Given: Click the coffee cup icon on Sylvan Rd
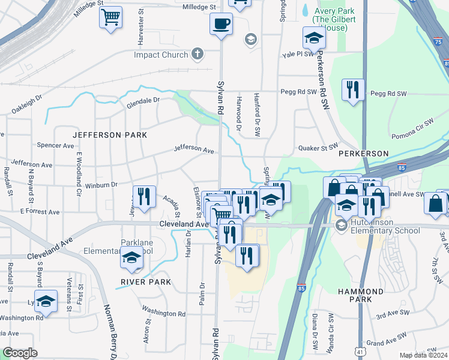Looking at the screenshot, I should pyautogui.click(x=221, y=24).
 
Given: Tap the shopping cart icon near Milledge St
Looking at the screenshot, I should pyautogui.click(x=110, y=18).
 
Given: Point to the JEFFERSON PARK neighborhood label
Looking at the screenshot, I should pyautogui.click(x=110, y=135).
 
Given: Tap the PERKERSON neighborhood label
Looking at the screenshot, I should pyautogui.click(x=363, y=154).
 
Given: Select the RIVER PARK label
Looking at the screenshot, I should pyautogui.click(x=146, y=281).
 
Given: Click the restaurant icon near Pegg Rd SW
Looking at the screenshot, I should pyautogui.click(x=352, y=90).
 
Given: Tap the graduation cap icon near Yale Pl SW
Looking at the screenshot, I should pyautogui.click(x=313, y=38).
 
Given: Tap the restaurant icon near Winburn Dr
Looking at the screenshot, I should pyautogui.click(x=143, y=196).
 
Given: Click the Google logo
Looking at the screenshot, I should pyautogui.click(x=20, y=353).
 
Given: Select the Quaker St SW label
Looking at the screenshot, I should pyautogui.click(x=318, y=146).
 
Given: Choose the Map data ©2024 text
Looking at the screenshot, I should pyautogui.click(x=423, y=355).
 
